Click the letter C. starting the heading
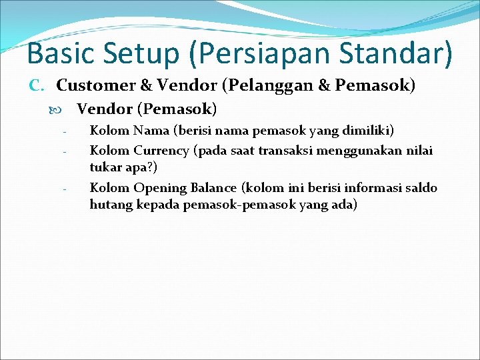click(x=37, y=85)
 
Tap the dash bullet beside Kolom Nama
click(x=65, y=131)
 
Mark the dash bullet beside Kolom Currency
click(x=65, y=151)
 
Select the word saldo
click(x=420, y=187)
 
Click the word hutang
click(x=109, y=205)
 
